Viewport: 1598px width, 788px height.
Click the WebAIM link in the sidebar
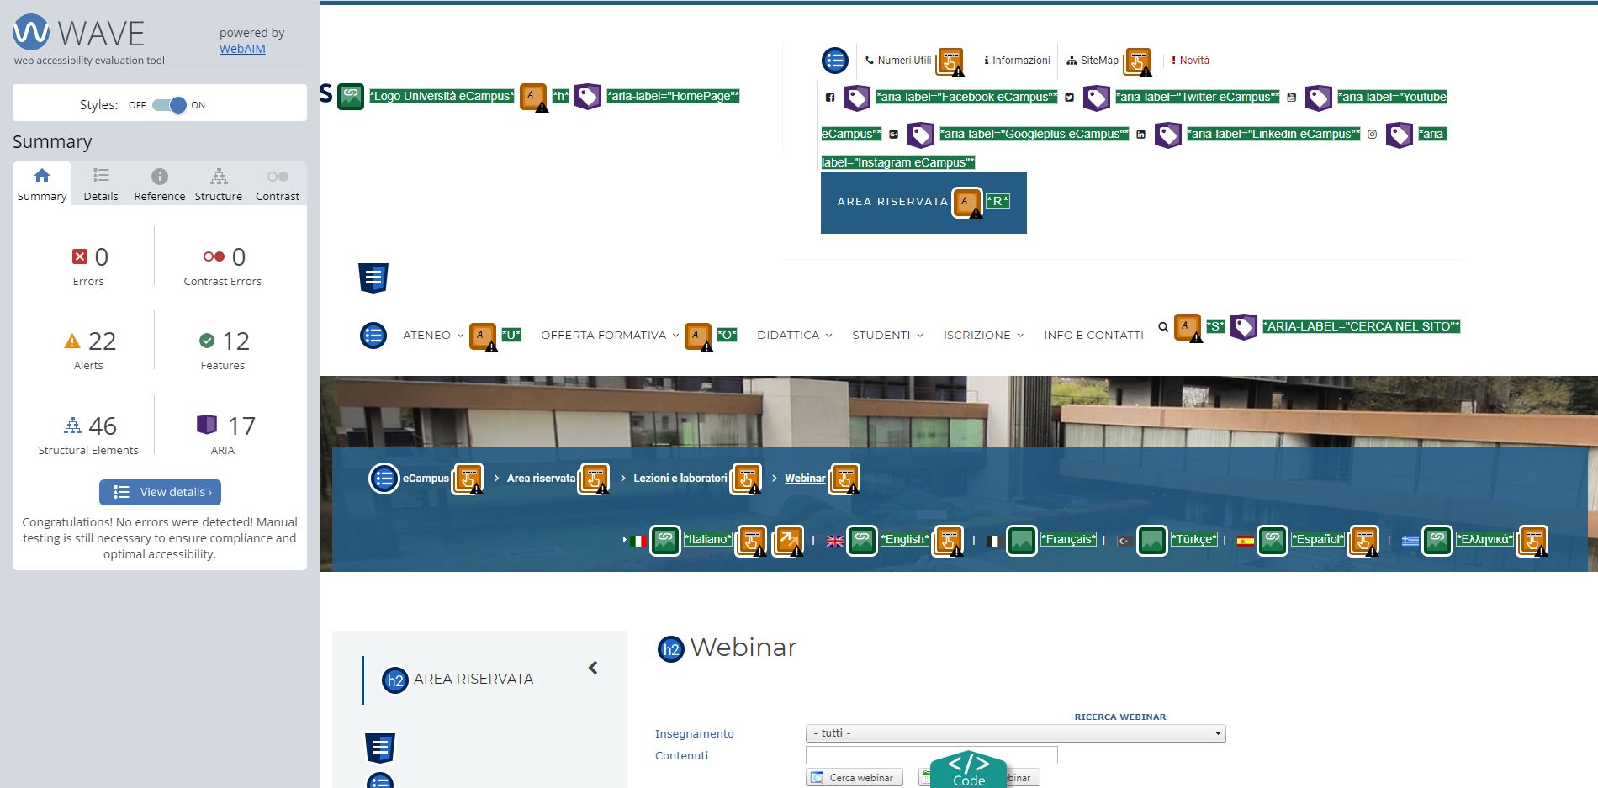point(242,49)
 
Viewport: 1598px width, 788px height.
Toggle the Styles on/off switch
point(169,105)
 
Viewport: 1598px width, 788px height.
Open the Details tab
point(101,184)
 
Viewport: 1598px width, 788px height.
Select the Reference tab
point(160,184)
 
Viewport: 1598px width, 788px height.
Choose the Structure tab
point(219,184)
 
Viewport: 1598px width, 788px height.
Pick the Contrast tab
point(278,184)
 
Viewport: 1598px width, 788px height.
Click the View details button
point(160,492)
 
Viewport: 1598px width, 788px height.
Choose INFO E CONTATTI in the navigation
point(1093,335)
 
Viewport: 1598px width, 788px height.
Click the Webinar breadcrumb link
point(805,479)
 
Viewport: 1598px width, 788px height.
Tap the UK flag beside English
point(835,541)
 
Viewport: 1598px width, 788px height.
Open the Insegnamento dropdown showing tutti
point(1015,733)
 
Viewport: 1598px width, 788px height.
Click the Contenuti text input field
point(931,755)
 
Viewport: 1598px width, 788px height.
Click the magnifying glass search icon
point(1163,327)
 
